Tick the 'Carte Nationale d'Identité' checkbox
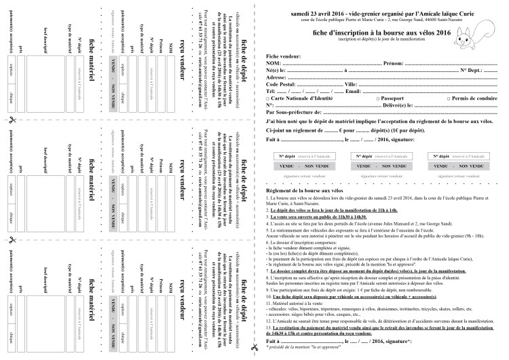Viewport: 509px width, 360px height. pos(269,98)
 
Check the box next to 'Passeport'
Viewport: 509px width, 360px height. pos(347,98)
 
